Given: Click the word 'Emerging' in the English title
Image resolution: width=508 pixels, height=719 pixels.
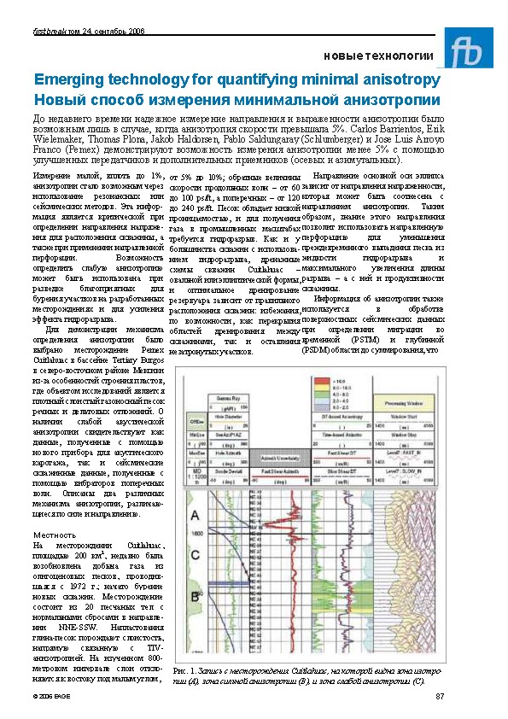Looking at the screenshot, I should (65, 79).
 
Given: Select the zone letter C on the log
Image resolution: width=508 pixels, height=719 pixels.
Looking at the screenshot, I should (195, 555).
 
